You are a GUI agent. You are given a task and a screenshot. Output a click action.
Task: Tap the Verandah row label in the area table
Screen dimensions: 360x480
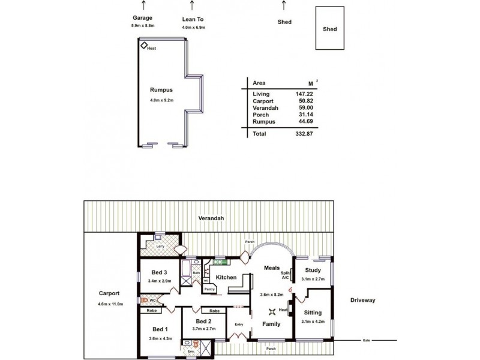[265, 108]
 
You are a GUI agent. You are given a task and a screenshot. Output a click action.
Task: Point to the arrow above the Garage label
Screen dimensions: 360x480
[143, 6]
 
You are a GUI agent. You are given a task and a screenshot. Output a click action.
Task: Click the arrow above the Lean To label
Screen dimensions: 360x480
[192, 6]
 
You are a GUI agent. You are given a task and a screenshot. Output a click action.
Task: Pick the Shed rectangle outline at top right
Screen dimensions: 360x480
[330, 29]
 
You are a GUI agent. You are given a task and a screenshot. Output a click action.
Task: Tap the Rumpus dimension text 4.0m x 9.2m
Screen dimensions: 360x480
[161, 100]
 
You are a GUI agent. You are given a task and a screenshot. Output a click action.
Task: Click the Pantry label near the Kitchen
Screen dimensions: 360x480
[209, 289]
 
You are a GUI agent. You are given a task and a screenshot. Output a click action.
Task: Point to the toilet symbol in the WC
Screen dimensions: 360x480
[144, 299]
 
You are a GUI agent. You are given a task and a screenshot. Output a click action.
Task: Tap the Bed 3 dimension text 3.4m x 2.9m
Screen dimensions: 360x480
[160, 280]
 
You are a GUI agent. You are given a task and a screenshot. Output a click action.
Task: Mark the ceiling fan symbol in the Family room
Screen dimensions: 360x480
[272, 311]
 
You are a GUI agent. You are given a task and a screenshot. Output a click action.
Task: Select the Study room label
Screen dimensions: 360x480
[312, 270]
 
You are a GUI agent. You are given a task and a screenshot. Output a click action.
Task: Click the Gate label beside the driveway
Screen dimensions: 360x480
[366, 340]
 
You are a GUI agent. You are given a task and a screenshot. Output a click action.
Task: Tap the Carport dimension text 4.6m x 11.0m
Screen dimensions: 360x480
[111, 304]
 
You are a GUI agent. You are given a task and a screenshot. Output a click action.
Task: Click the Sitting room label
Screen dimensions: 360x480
[313, 313]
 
